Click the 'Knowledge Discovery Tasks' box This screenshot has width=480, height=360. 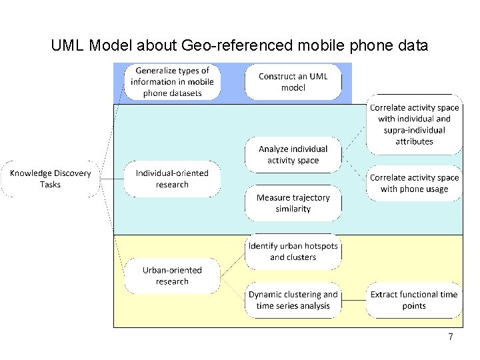pyautogui.click(x=50, y=179)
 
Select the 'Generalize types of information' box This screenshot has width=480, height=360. pyautogui.click(x=172, y=82)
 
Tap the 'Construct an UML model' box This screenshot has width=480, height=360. pyautogui.click(x=293, y=82)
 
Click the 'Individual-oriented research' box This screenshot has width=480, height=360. pyautogui.click(x=172, y=179)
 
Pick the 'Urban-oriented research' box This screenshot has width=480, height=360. pyautogui.click(x=172, y=275)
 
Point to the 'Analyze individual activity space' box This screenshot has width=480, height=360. pyautogui.click(x=293, y=155)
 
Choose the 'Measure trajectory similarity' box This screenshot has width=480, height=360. pyautogui.click(x=293, y=203)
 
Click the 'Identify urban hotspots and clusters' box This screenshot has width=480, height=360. pyautogui.click(x=293, y=251)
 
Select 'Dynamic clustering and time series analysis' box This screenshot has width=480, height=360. pyautogui.click(x=293, y=300)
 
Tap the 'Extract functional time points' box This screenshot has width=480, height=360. pyautogui.click(x=414, y=300)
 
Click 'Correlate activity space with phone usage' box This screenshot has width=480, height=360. pyautogui.click(x=414, y=183)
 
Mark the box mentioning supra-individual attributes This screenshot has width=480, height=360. pyautogui.click(x=414, y=124)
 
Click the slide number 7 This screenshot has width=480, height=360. pyautogui.click(x=451, y=337)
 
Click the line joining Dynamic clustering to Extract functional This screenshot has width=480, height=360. pyautogui.click(x=353, y=300)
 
